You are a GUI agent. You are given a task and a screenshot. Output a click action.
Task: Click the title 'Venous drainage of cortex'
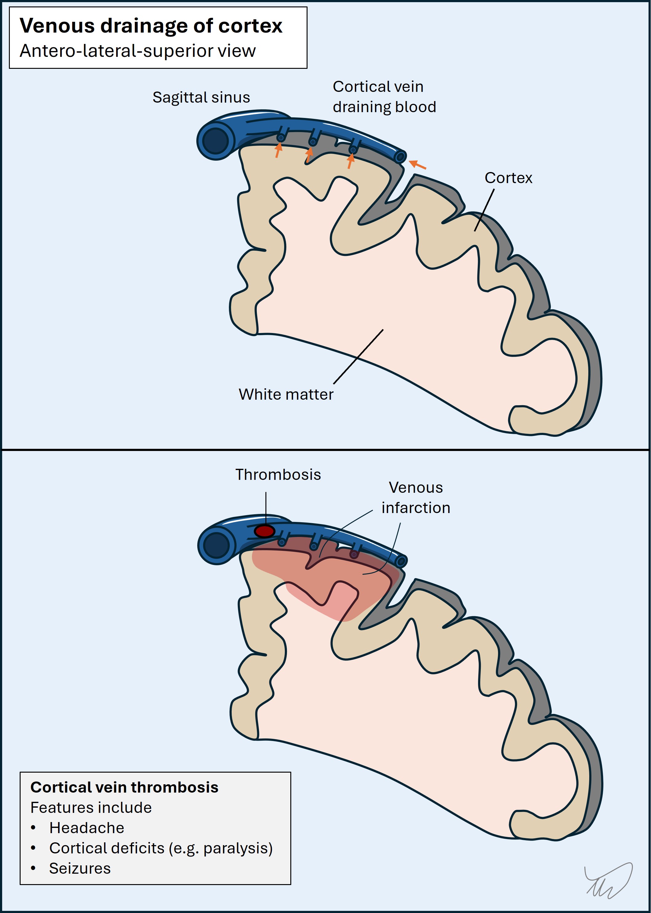151,25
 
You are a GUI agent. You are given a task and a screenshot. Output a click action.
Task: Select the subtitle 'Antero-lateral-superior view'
138,51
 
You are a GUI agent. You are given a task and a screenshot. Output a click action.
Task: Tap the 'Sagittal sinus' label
201,97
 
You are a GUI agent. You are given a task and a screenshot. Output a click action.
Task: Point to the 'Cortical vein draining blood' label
384,96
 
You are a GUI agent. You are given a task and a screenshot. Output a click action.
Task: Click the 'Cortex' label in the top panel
508,178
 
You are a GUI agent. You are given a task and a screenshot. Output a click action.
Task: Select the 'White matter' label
286,394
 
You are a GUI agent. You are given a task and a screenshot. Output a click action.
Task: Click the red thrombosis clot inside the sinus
265,531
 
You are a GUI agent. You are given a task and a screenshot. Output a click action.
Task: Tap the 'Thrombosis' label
278,475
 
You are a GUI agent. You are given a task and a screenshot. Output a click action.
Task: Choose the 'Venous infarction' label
416,497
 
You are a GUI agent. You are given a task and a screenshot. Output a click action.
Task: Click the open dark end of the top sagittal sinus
216,141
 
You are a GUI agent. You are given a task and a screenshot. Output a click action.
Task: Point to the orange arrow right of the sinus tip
418,165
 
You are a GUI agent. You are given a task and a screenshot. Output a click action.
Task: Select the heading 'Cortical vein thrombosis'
124,787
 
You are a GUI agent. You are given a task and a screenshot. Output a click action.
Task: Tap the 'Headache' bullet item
87,828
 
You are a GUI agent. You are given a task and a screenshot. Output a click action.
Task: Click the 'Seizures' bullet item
80,868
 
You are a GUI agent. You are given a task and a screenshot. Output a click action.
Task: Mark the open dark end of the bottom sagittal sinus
217,546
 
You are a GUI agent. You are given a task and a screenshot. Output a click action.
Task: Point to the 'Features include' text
91,808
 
